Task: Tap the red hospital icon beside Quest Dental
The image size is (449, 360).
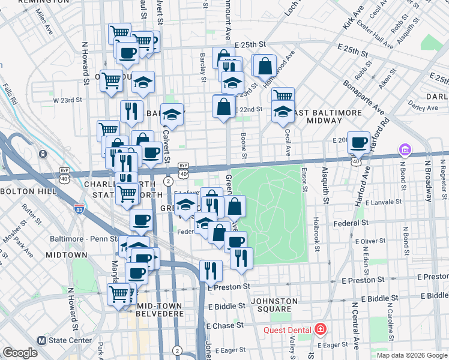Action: [321, 329]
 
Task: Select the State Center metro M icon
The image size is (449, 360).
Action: [41, 340]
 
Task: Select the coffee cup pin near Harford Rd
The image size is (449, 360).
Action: [358, 143]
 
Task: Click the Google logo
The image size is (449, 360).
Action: [20, 353]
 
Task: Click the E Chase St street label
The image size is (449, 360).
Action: [225, 325]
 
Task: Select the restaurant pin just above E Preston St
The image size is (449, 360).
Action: [210, 271]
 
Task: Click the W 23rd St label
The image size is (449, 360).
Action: [67, 100]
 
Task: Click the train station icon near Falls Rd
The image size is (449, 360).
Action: [43, 154]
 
